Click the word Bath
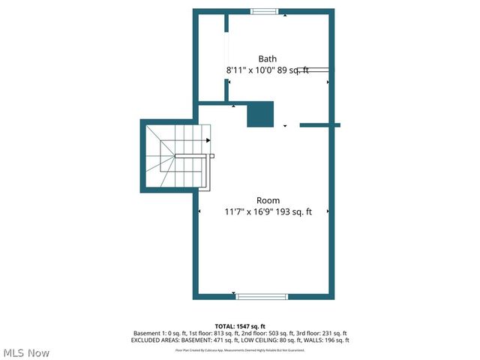pos(268,58)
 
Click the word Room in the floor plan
pos(268,200)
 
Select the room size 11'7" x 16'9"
pos(250,212)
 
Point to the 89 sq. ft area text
pos(293,70)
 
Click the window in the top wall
pos(264,11)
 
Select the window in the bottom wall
pos(262,296)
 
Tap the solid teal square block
pos(260,115)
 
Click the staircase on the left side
pos(175,157)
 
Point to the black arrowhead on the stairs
pos(208,139)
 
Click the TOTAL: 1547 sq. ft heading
pos(240,325)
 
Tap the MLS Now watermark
pos(26,352)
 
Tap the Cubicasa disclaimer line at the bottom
pos(240,350)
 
